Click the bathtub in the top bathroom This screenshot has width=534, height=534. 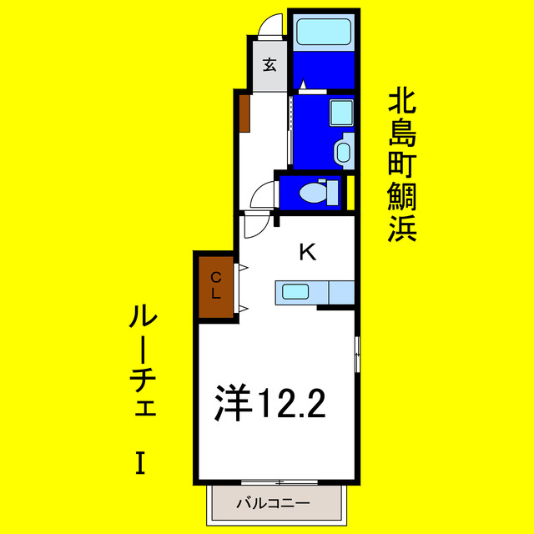pos(325,33)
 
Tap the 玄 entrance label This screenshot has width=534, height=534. pos(270,65)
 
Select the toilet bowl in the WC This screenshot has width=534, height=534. pos(314,193)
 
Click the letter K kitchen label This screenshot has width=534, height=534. pos(307,251)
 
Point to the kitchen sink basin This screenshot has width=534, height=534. pos(296,292)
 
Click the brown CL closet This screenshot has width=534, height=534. pos(215,285)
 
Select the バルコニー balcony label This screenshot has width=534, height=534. pos(273,503)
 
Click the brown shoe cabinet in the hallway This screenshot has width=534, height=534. pos(245,113)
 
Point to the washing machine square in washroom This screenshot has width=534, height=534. pos(341,112)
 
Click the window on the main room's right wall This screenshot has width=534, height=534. pos(358,354)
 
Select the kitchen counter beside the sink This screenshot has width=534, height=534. pos(341,292)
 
